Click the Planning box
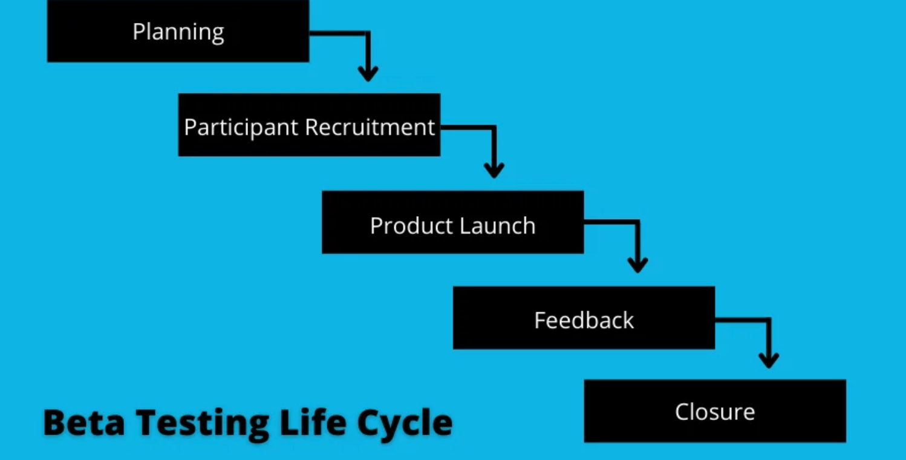[x=178, y=30]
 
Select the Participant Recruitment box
[x=309, y=125]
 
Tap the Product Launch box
[x=452, y=222]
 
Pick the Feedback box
[x=584, y=318]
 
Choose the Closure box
[x=715, y=411]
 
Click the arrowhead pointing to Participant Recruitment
[x=368, y=74]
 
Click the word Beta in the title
[x=84, y=422]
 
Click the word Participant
[x=241, y=128]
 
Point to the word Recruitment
[x=370, y=127]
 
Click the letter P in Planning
[x=138, y=31]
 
